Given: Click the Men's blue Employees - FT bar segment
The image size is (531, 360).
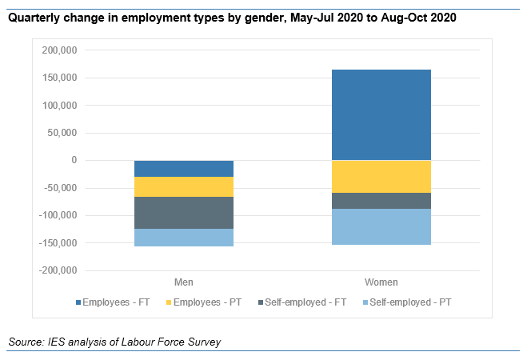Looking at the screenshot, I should click(184, 169).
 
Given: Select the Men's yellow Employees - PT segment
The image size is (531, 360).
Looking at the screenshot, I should click(184, 187).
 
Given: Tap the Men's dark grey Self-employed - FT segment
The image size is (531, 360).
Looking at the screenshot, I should click(184, 213).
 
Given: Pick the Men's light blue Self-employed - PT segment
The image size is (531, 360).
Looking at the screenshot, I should click(184, 238).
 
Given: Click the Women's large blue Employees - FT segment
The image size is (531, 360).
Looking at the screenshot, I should click(381, 114).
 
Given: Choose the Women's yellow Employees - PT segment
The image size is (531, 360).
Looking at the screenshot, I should click(381, 177).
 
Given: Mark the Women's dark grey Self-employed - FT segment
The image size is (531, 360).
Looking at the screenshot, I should click(381, 201).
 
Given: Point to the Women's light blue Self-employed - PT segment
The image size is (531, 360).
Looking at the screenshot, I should click(381, 226).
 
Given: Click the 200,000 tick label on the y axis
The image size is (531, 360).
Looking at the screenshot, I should click(58, 50).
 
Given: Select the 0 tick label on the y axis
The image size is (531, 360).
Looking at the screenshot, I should click(74, 160).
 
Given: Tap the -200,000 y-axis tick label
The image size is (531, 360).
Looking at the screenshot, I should click(56, 270).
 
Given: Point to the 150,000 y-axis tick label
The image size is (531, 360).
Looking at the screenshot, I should click(58, 78).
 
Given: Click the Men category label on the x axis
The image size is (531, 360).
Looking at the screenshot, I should click(184, 282).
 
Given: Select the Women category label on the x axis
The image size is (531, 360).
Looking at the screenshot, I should click(381, 282).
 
